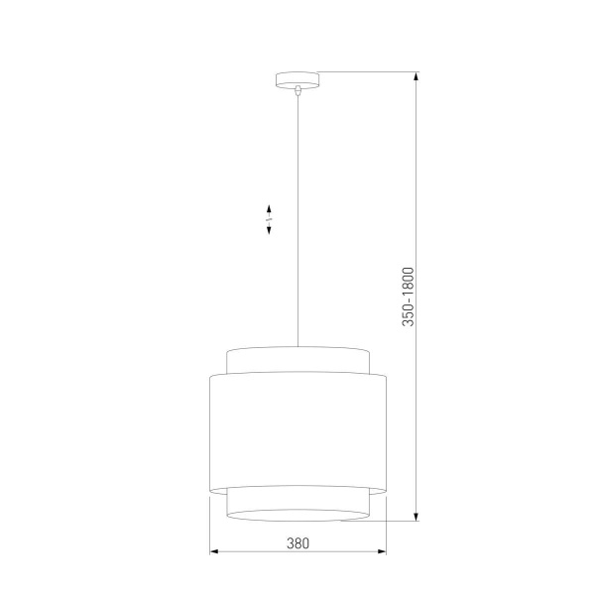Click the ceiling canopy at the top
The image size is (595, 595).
(x=297, y=79)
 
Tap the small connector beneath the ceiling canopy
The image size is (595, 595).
(x=297, y=90)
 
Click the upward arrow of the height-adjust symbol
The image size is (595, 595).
(x=269, y=209)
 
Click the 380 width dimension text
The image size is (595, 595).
(x=297, y=542)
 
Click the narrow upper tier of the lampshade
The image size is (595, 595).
(x=297, y=359)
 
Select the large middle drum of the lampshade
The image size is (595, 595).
(x=297, y=426)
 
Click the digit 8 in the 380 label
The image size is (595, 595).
(x=297, y=542)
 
